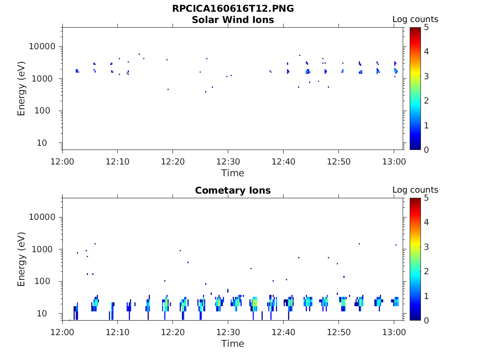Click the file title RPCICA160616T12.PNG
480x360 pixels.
(233, 8)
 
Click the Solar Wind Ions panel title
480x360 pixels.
(233, 20)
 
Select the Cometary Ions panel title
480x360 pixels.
(233, 190)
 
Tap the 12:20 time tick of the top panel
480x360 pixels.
(173, 161)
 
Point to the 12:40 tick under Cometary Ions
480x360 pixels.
(283, 332)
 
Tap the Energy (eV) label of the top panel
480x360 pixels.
(22, 89)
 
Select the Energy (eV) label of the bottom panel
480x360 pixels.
(22, 259)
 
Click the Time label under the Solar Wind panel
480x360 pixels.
(233, 173)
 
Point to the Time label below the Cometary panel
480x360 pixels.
(233, 344)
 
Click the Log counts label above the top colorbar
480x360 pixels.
(415, 20)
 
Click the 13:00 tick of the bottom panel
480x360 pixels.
(394, 332)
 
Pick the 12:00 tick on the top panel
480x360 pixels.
(63, 161)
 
